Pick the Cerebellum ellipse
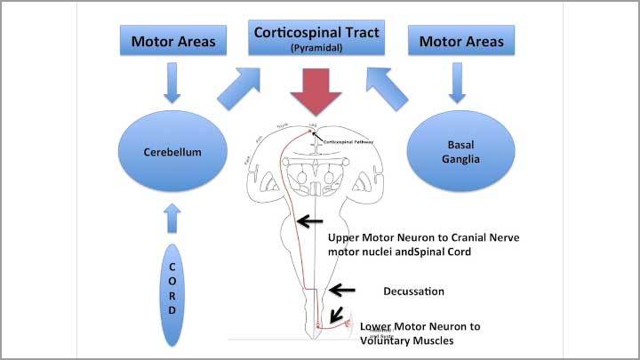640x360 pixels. point(174,152)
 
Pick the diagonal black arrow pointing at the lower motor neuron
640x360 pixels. point(337,314)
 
